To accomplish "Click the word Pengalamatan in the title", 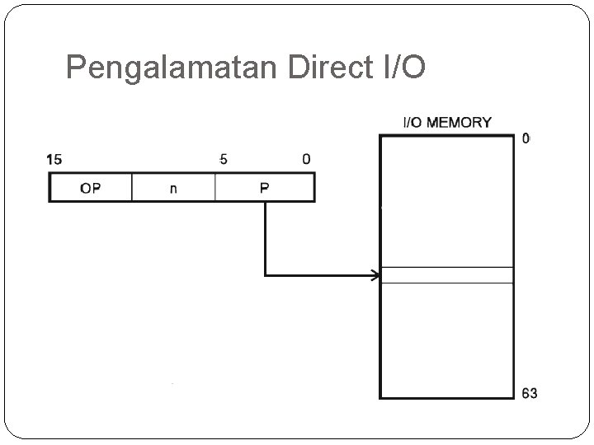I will (173, 68).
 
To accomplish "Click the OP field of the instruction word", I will (91, 188).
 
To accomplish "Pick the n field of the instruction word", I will (173, 188).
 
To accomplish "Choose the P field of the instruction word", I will (264, 188).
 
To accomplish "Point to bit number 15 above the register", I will (54, 159).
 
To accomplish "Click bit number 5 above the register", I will (224, 159).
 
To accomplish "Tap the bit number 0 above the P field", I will (307, 159).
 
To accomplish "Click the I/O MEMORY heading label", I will (446, 123).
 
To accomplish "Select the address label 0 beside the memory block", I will (526, 138).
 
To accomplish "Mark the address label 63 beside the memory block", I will (529, 393).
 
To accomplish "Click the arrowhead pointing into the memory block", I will (375, 275).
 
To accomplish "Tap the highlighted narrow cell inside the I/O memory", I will (446, 275).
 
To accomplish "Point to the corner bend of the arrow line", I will (265, 275).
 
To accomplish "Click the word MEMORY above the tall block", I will (459, 123).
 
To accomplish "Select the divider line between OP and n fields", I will (132, 188).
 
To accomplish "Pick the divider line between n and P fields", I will (214, 188).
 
